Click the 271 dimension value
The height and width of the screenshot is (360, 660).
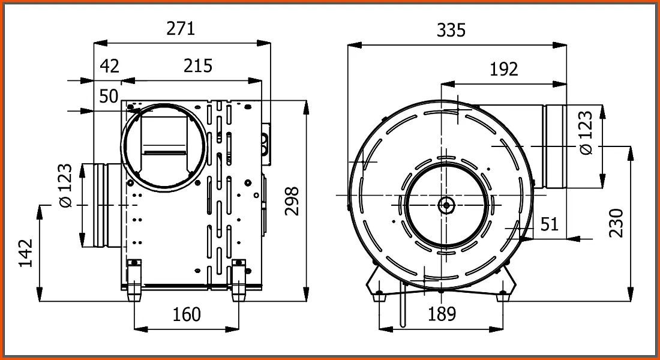point(181,28)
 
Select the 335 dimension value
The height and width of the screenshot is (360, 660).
point(451,31)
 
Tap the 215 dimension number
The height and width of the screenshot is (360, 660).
point(198,65)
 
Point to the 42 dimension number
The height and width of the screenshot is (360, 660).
point(109,66)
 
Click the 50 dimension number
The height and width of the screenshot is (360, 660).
point(109,97)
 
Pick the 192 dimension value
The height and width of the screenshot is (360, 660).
point(504,69)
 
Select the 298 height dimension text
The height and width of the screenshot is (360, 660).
point(292,201)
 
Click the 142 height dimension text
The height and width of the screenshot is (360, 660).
point(26,253)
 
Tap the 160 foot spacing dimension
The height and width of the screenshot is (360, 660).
point(187,314)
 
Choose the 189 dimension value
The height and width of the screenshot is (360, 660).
point(442,314)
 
